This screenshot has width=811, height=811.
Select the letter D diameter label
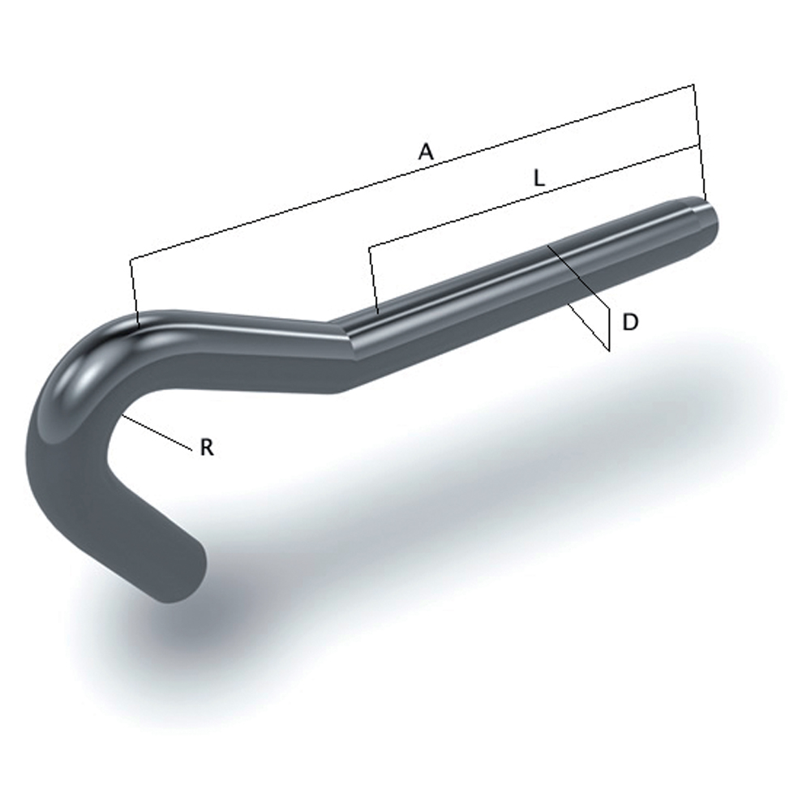click(630, 322)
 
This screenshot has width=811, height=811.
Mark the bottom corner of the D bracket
click(608, 350)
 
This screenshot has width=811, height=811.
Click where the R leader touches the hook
click(123, 415)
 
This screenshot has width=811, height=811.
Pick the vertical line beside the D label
click(608, 324)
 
